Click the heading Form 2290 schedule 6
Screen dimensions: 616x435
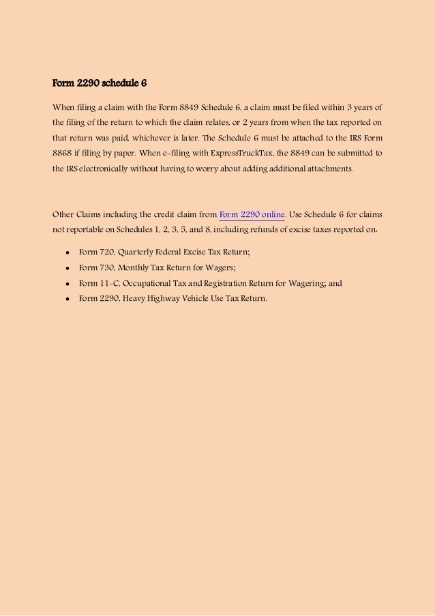tap(100, 84)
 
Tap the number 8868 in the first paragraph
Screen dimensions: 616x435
tap(63, 153)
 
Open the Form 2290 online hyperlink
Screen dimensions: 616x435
tap(252, 214)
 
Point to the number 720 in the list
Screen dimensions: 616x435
tap(106, 252)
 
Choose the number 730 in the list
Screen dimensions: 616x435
tap(106, 267)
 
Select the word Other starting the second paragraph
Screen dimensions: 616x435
tap(63, 214)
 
